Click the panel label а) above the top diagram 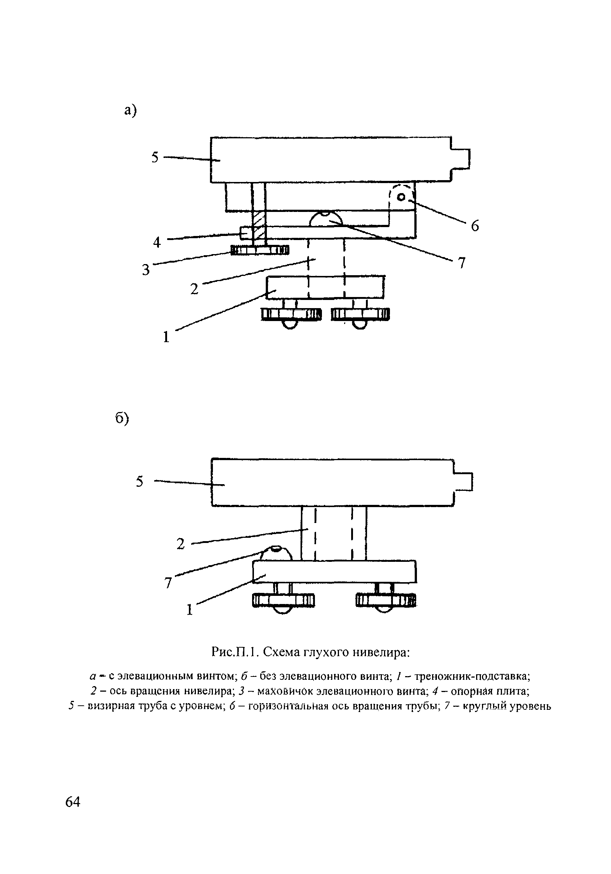tap(130, 110)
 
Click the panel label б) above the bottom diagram tap(122, 418)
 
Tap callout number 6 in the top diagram tap(475, 226)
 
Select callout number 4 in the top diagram tap(157, 242)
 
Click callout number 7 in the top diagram tap(461, 263)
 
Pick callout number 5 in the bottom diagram tap(140, 482)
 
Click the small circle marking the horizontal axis tap(401, 197)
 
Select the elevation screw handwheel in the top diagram tap(260, 250)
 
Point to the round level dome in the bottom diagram tap(276, 553)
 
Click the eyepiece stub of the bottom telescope tap(464, 482)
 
